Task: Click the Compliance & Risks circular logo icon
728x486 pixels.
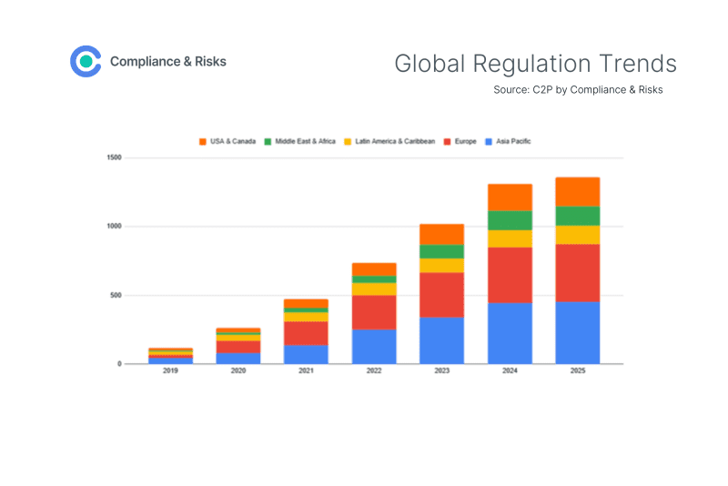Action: click(86, 61)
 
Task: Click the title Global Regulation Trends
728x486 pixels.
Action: click(535, 64)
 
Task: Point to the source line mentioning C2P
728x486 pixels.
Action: click(578, 90)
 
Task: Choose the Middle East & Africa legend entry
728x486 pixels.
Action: click(300, 141)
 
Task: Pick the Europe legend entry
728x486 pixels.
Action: click(460, 141)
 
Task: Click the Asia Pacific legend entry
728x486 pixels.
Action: click(509, 141)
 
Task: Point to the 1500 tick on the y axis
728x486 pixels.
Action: click(114, 157)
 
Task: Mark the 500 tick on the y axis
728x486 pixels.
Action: click(116, 295)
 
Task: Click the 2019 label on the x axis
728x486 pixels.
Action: click(170, 371)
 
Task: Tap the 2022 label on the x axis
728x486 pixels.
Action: click(374, 371)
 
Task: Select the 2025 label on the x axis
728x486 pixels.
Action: click(577, 371)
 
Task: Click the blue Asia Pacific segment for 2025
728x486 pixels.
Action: click(577, 332)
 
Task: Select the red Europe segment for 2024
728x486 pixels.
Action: click(510, 275)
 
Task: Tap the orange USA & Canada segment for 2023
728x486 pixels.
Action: click(441, 234)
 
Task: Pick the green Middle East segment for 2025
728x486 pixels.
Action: click(577, 216)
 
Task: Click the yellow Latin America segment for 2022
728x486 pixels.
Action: click(374, 289)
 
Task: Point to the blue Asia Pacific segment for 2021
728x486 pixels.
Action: click(306, 354)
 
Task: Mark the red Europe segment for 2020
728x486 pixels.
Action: click(238, 346)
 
